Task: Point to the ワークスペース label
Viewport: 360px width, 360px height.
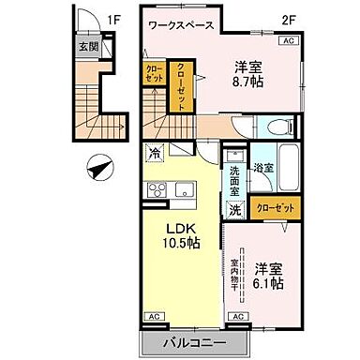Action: pyautogui.click(x=184, y=26)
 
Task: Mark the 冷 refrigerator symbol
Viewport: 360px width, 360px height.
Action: pyautogui.click(x=153, y=149)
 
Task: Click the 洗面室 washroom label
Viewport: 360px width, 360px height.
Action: pyautogui.click(x=235, y=179)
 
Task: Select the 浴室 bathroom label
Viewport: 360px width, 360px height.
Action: pyautogui.click(x=264, y=170)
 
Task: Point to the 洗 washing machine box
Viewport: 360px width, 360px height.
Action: pyautogui.click(x=235, y=209)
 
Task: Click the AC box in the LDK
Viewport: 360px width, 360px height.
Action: pyautogui.click(x=151, y=317)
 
